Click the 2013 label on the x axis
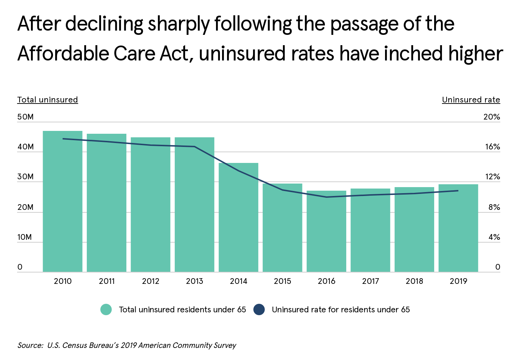[x=194, y=281]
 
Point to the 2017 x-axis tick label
[x=370, y=281]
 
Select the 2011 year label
[x=107, y=281]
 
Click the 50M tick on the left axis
[x=25, y=117]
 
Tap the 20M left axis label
[x=25, y=207]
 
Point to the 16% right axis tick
[x=493, y=147]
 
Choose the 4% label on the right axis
[x=494, y=237]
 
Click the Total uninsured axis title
[x=48, y=100]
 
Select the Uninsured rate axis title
[x=471, y=100]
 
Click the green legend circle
[x=106, y=309]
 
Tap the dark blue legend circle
[x=259, y=309]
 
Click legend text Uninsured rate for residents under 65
[x=341, y=309]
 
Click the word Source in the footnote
[x=30, y=345]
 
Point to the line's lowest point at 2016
[x=326, y=197]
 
